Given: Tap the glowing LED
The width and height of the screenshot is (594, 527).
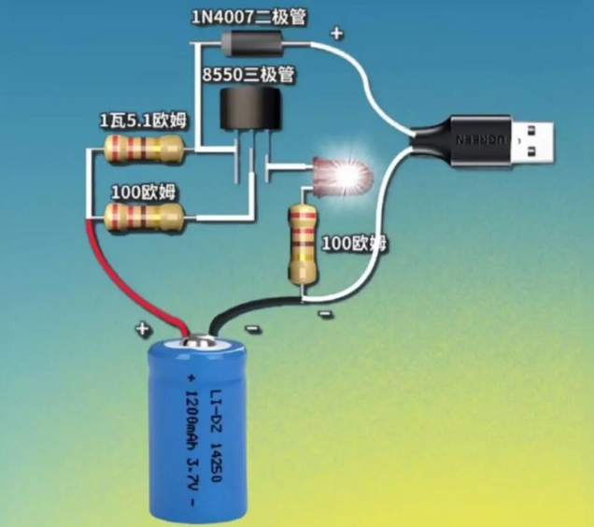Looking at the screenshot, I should [x=341, y=173].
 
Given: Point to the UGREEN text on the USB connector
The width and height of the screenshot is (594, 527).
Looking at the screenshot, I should [x=475, y=138].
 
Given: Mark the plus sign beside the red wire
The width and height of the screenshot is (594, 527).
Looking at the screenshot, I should [x=143, y=329].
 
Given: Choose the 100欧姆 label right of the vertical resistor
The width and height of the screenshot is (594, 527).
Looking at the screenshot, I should [x=354, y=244].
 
